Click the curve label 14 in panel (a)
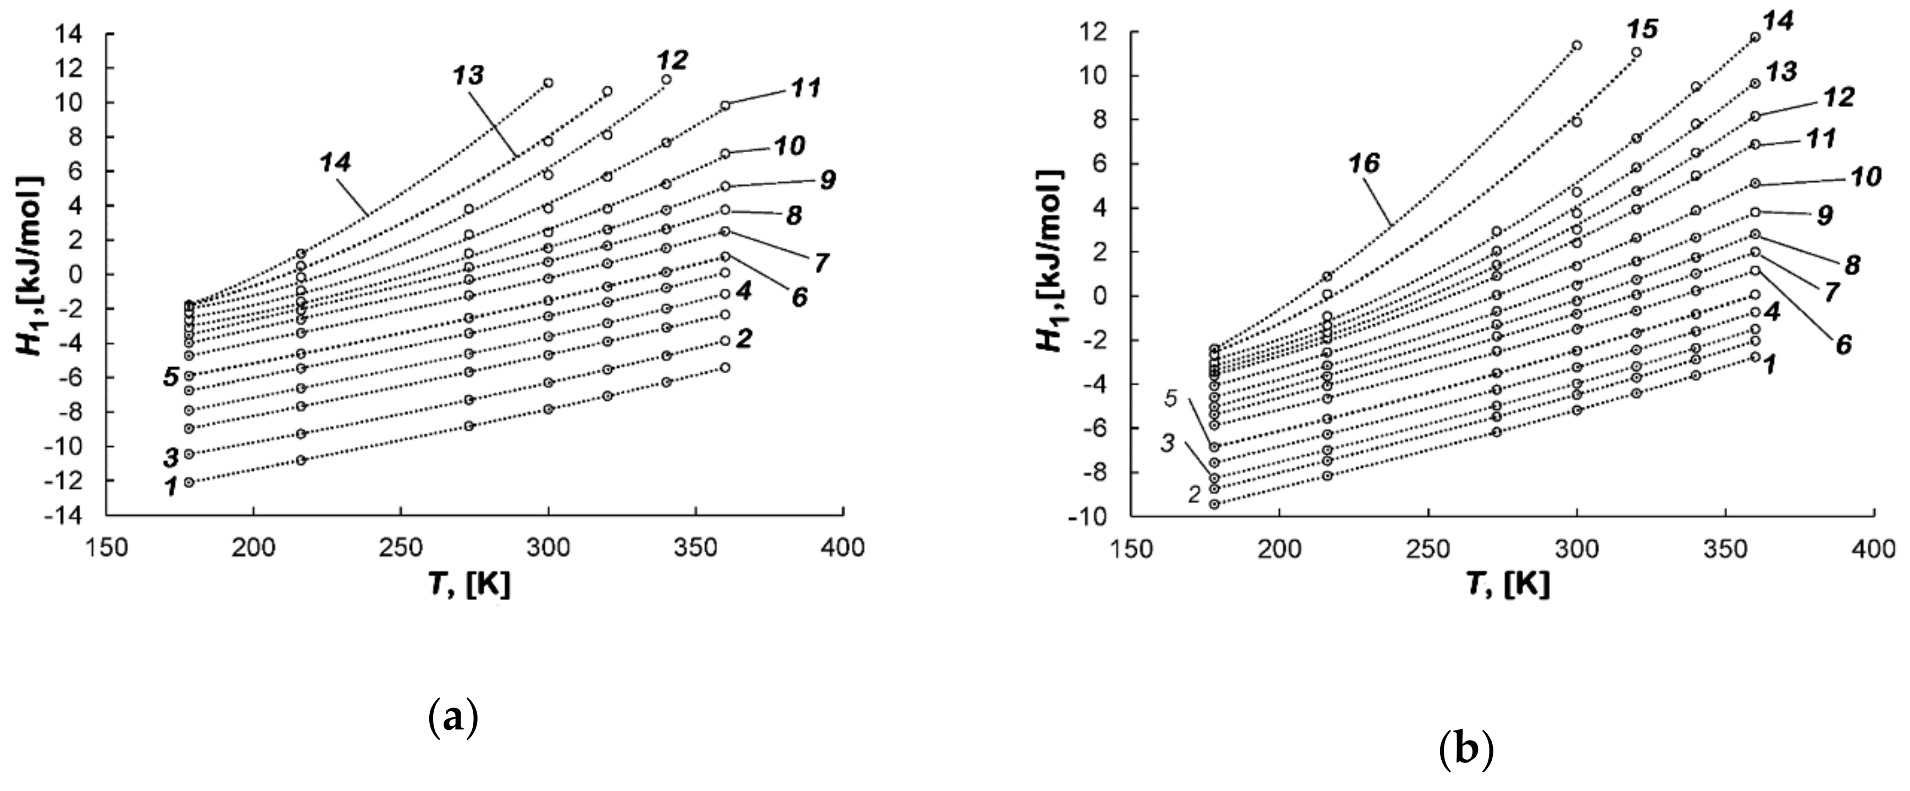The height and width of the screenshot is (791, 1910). pyautogui.click(x=335, y=162)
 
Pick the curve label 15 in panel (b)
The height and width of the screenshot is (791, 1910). pyautogui.click(x=1642, y=30)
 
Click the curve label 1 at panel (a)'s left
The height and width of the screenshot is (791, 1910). pyautogui.click(x=170, y=487)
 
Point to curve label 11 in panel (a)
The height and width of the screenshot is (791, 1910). pyautogui.click(x=805, y=88)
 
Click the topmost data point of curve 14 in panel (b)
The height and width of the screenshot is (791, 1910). pyautogui.click(x=1755, y=37)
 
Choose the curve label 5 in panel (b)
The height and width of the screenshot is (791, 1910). pyautogui.click(x=1171, y=399)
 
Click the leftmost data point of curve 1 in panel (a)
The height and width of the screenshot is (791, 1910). pyautogui.click(x=189, y=483)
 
